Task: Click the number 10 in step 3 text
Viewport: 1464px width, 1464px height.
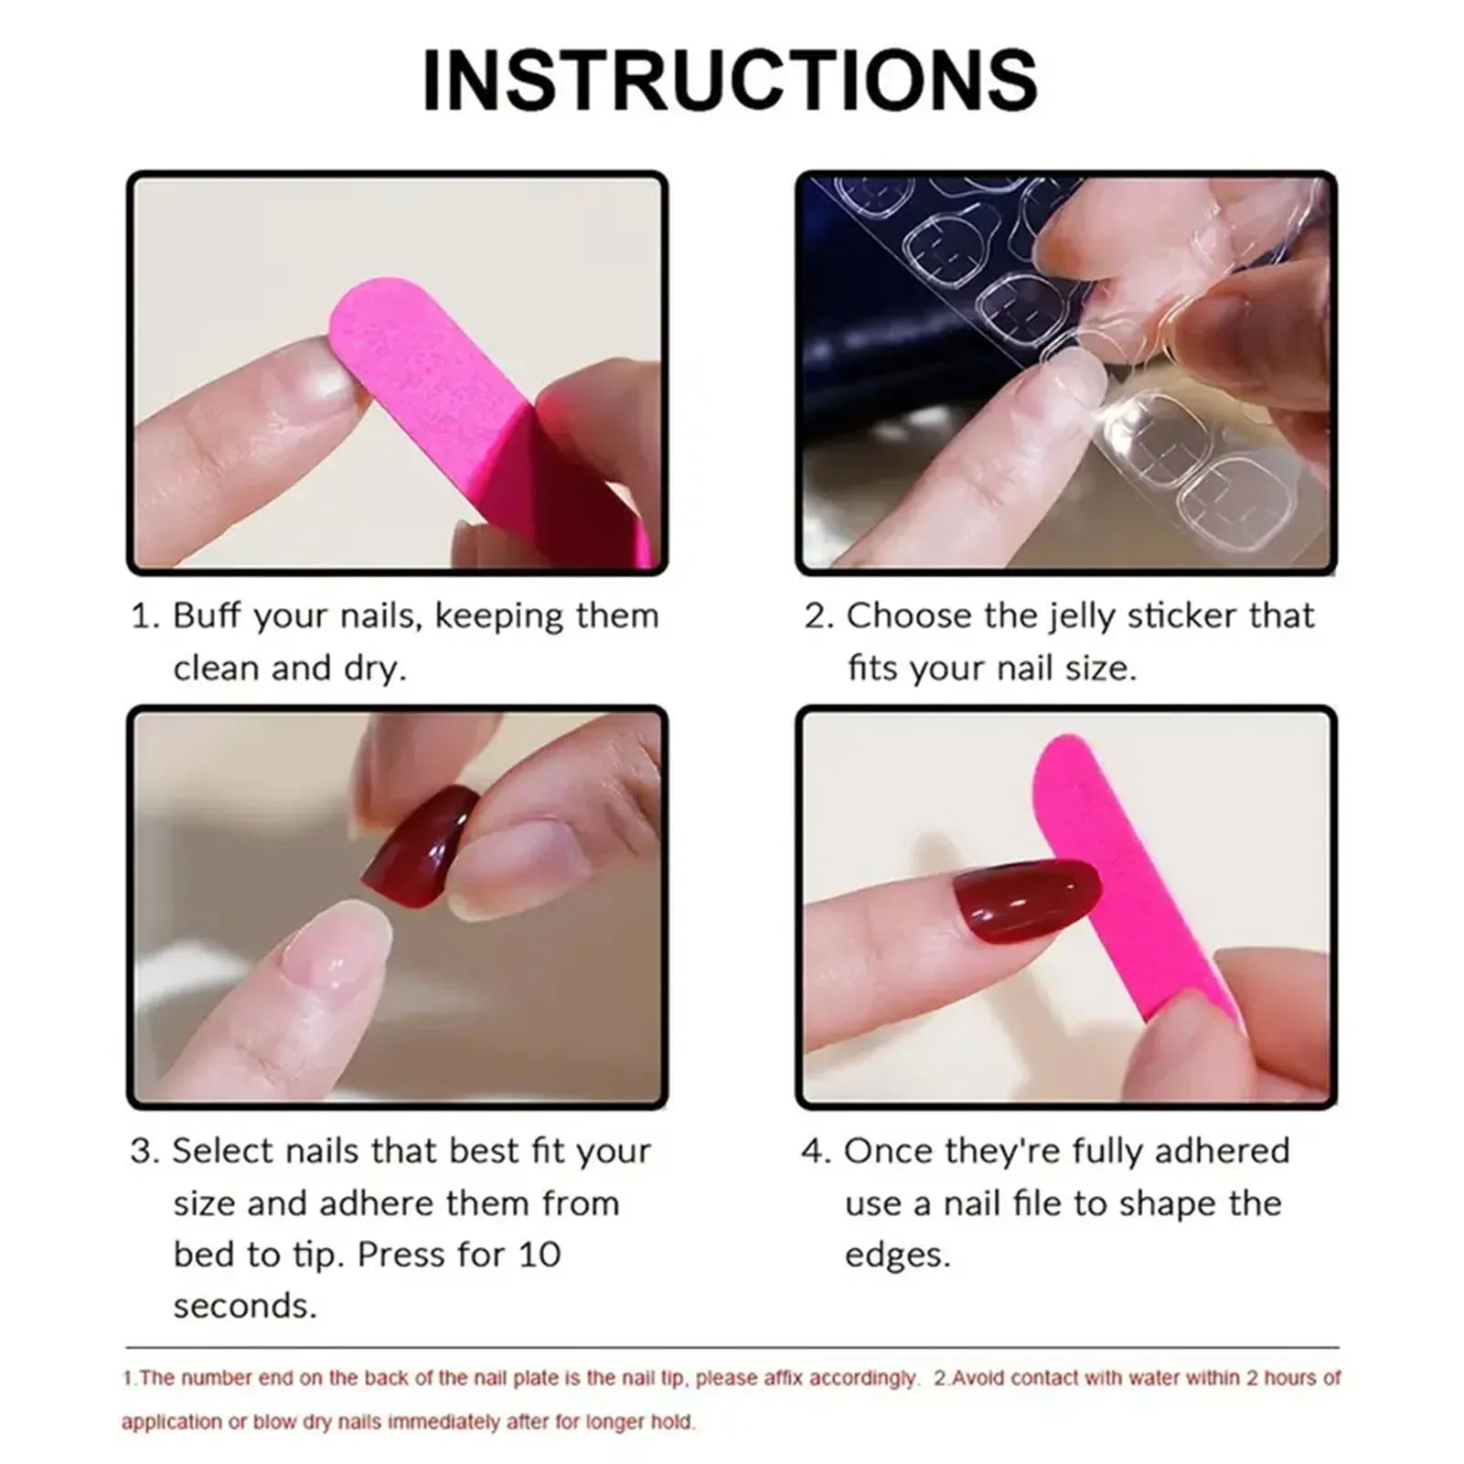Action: [x=540, y=1254]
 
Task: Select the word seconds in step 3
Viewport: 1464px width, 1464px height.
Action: [x=244, y=1306]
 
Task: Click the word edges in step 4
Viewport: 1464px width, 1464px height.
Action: [x=897, y=1255]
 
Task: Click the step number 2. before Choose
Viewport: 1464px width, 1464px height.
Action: [x=819, y=616]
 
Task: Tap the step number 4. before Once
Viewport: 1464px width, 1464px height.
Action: [x=817, y=1151]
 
